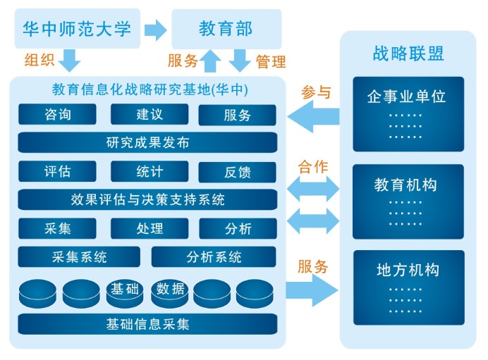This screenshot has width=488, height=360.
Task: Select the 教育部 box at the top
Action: pyautogui.click(x=226, y=29)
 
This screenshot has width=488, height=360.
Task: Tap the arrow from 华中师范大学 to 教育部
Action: pyautogui.click(x=155, y=30)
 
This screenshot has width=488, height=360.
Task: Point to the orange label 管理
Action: pyautogui.click(x=271, y=61)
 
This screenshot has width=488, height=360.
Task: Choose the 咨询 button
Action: pyautogui.click(x=57, y=114)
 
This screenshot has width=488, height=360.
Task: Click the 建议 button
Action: pyautogui.click(x=150, y=114)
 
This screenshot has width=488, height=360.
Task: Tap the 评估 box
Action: pyautogui.click(x=57, y=171)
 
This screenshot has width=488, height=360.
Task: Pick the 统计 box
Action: pyautogui.click(x=150, y=171)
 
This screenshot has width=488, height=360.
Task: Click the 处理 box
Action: pyautogui.click(x=150, y=228)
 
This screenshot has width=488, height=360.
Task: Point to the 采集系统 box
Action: pyautogui.click(x=79, y=256)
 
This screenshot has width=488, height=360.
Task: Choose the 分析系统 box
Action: pyautogui.click(x=214, y=256)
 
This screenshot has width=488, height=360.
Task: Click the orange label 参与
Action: pyautogui.click(x=315, y=92)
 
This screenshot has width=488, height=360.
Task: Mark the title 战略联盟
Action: pyautogui.click(x=408, y=53)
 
